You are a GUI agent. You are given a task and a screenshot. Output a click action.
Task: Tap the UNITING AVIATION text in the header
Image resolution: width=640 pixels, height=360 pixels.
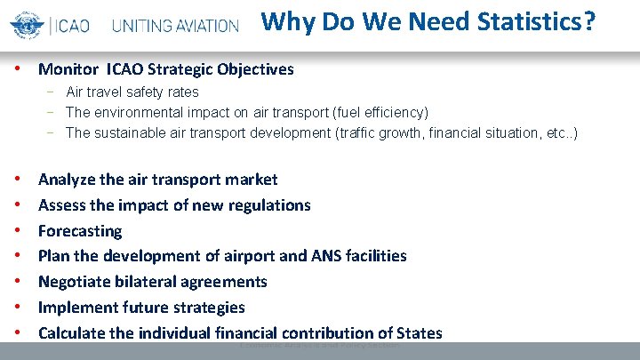(176, 26)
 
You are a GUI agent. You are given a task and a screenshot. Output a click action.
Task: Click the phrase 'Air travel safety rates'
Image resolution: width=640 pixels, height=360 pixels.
(132, 92)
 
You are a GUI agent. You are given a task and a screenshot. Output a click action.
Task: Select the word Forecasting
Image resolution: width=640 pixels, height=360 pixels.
(80, 231)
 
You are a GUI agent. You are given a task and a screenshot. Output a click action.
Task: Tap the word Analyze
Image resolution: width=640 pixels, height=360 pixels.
(67, 180)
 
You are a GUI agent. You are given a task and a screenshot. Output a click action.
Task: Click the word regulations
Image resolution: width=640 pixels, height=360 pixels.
(269, 205)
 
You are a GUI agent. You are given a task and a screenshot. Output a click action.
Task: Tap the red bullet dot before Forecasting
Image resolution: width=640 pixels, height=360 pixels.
(19, 231)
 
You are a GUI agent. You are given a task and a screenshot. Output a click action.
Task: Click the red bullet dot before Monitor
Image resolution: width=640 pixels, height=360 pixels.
(19, 68)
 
